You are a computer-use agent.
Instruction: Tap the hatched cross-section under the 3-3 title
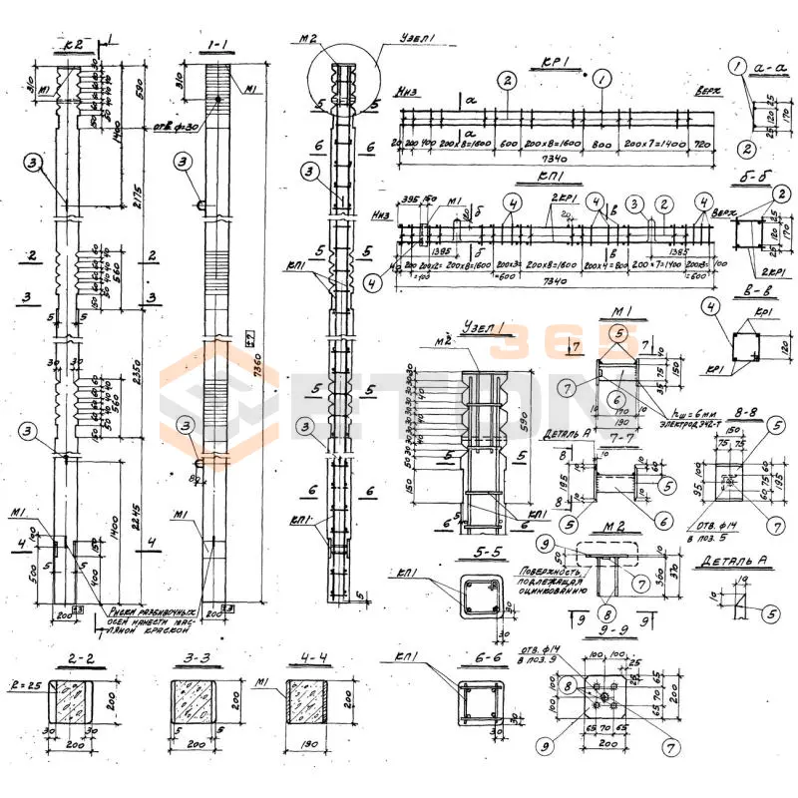pyautogui.click(x=196, y=703)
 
